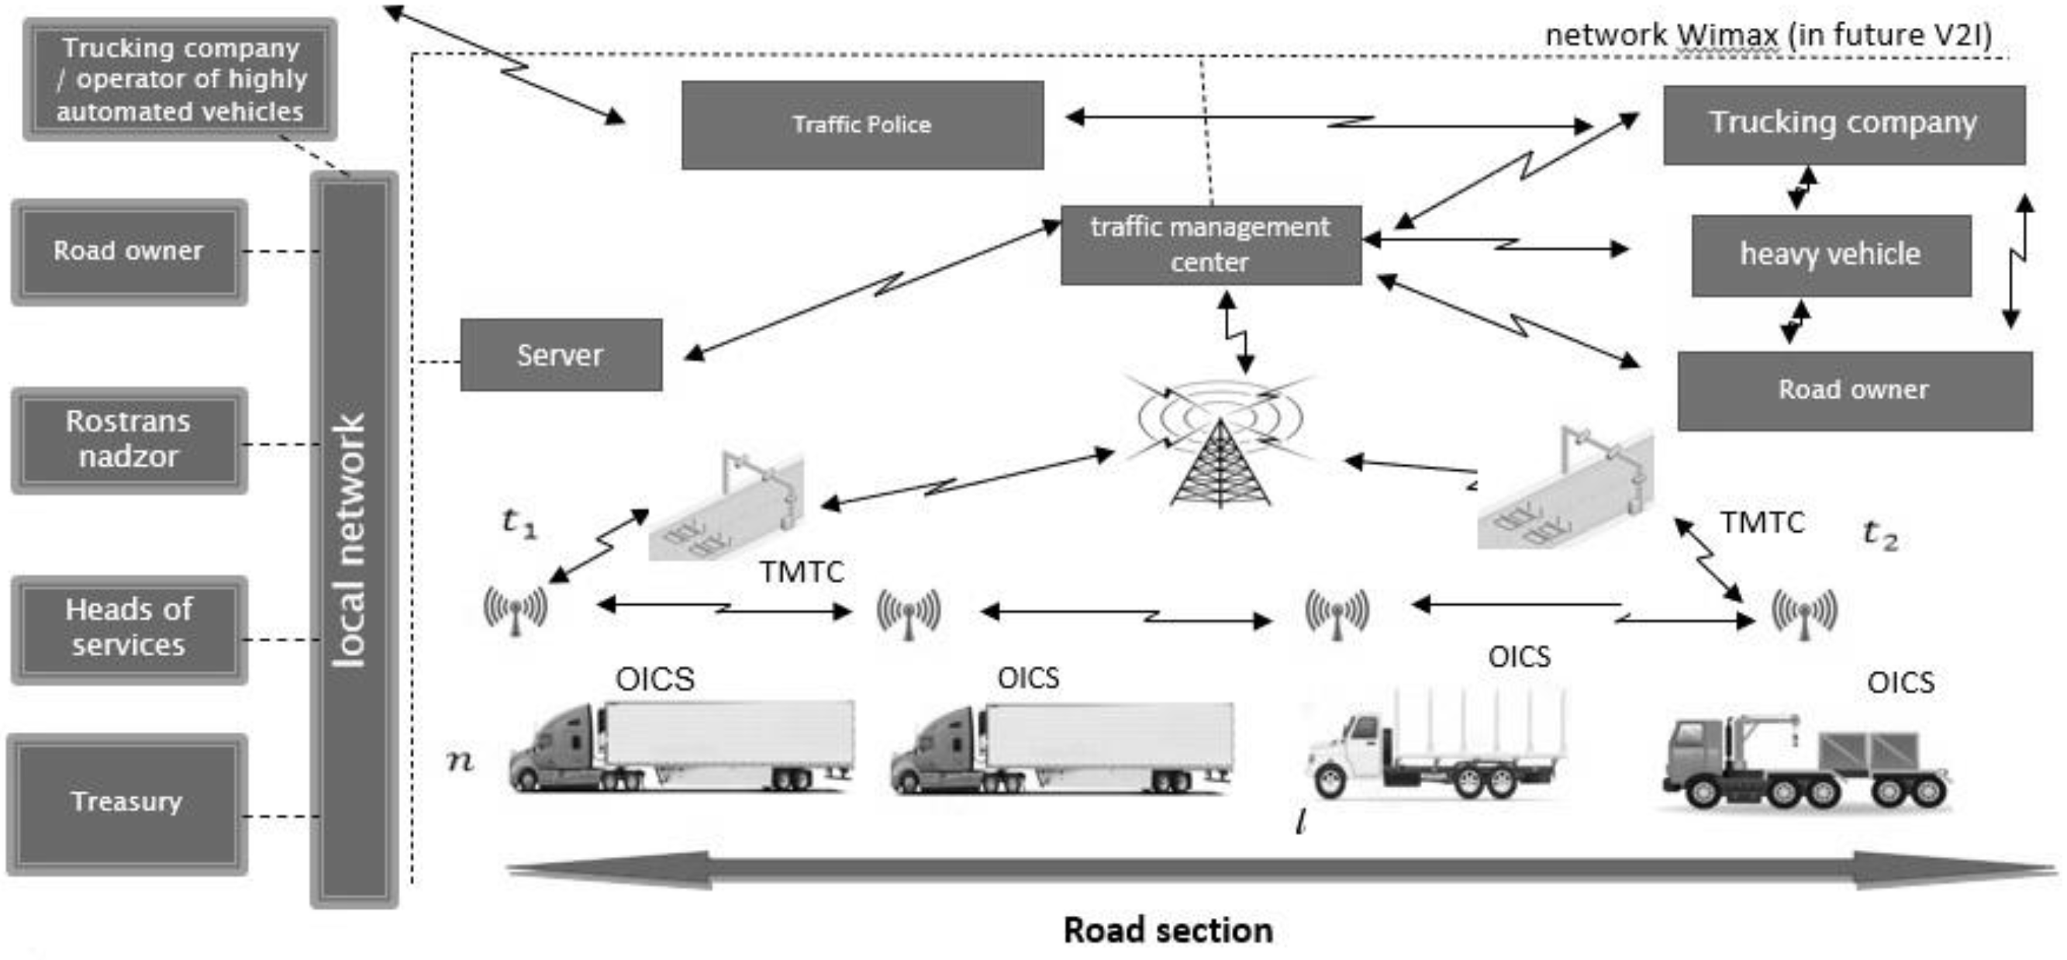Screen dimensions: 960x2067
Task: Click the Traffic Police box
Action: (862, 124)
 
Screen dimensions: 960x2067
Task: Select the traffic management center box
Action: (1210, 245)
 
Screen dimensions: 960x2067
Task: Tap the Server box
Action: (560, 355)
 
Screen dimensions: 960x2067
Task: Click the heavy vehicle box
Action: (1831, 255)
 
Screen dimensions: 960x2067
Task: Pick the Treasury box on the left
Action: (127, 803)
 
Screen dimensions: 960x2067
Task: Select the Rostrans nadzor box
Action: (129, 440)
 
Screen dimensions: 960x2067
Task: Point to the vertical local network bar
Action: (353, 540)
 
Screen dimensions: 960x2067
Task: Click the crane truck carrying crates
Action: (1806, 762)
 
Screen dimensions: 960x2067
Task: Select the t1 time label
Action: (519, 523)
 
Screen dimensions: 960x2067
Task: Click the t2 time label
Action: (1879, 534)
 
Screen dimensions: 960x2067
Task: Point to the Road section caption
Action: (1168, 931)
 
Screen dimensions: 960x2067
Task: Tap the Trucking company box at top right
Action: (1843, 124)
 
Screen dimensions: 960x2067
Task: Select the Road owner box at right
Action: (1854, 391)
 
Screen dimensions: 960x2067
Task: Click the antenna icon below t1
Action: (515, 610)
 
